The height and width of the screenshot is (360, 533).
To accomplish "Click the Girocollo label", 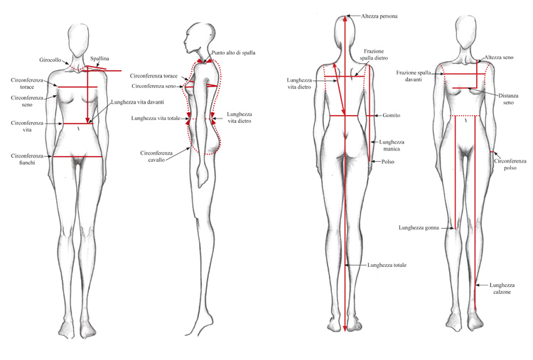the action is point(50,60).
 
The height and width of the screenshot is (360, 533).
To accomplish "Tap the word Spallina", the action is point(99,59).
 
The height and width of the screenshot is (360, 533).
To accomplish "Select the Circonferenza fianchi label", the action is point(27,159).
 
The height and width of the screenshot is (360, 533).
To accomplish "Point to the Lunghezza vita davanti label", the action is point(138,102).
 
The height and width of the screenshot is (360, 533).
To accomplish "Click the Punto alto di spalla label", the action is point(234,53).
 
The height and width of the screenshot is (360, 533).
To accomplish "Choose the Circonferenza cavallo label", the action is point(156,156).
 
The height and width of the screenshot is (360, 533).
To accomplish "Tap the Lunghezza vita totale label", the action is point(156,119).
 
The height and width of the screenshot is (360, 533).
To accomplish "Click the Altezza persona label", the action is point(379,16).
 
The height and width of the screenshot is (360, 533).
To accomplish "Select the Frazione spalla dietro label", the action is point(374,55).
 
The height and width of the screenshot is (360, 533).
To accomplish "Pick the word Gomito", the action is point(392,116).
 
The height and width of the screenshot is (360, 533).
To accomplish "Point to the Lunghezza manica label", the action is point(392,146).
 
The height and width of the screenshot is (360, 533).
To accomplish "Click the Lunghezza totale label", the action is point(387,265).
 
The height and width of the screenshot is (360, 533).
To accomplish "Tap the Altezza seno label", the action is point(499,58).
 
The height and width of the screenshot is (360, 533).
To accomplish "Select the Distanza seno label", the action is point(509,99).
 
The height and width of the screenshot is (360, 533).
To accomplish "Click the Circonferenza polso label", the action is point(510,164).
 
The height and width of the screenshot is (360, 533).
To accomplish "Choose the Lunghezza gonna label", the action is point(419,228).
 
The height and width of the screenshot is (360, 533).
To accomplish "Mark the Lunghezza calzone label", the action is point(502,288).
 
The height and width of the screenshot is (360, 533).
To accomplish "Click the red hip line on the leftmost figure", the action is point(77,156).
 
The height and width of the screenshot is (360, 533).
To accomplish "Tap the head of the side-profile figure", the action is point(200,38).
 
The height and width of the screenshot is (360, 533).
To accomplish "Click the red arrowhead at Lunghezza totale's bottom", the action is point(345,329).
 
